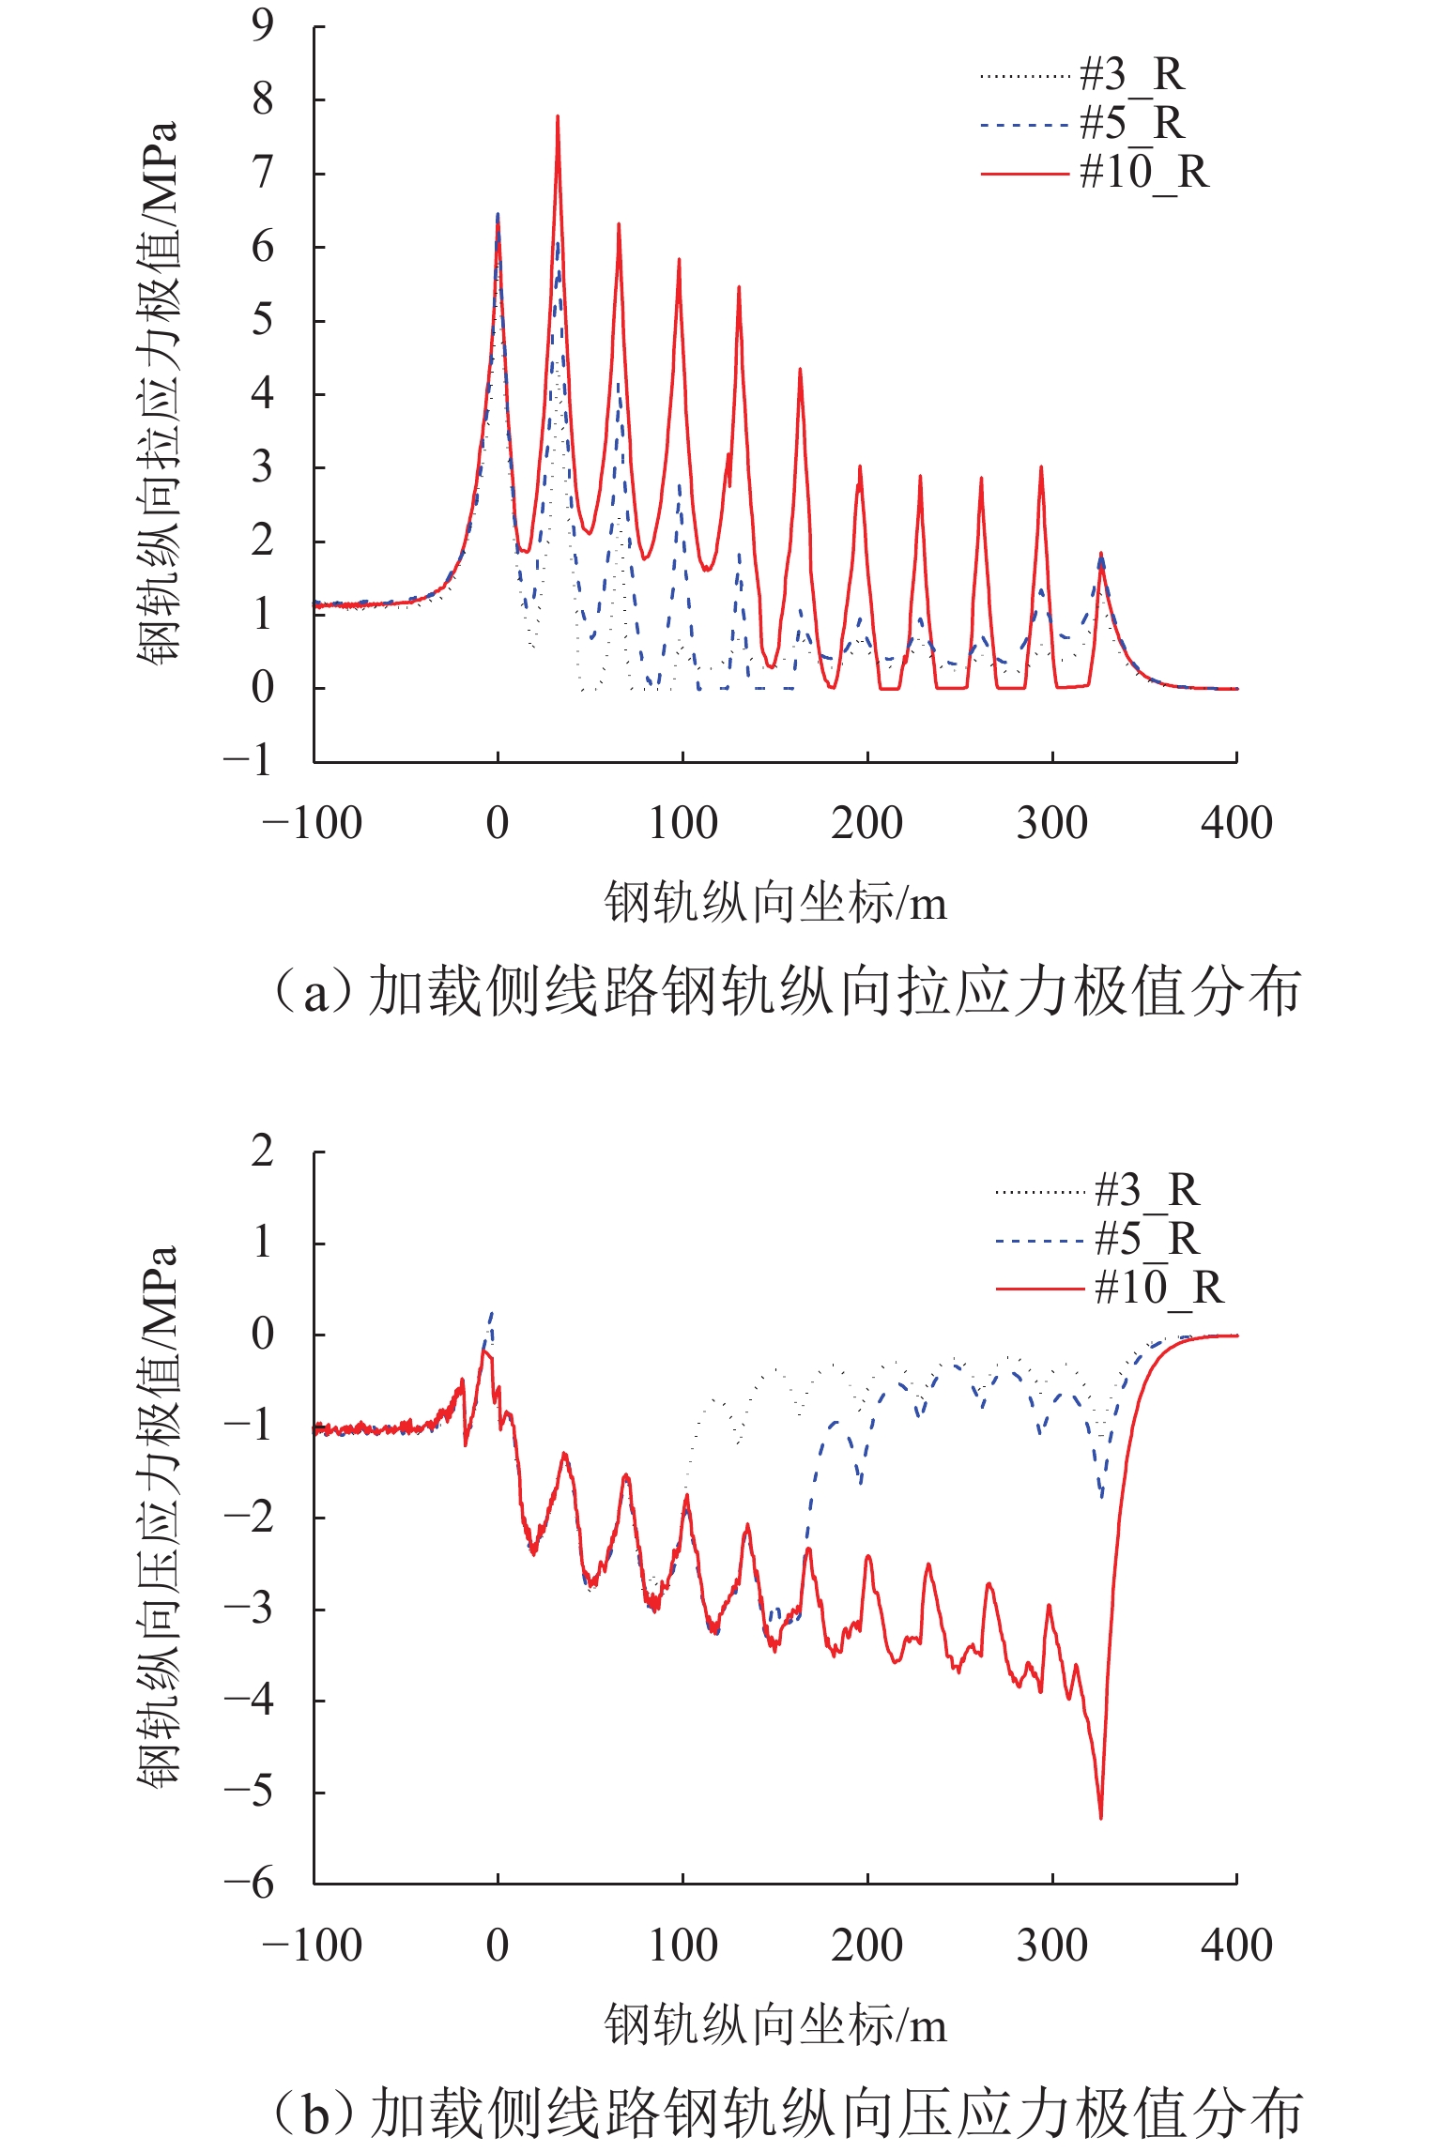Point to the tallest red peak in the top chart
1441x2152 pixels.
click(x=558, y=117)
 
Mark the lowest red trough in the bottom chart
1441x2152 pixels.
click(x=1100, y=1817)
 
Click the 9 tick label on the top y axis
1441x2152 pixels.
click(x=263, y=26)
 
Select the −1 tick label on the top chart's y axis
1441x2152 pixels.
click(x=249, y=760)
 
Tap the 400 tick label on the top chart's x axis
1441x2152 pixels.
click(x=1236, y=824)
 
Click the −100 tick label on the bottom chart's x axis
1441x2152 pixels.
click(x=313, y=1946)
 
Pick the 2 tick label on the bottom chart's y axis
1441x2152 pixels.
click(x=263, y=1151)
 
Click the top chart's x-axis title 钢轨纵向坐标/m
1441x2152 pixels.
click(x=775, y=903)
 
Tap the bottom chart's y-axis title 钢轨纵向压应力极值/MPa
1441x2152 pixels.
click(x=158, y=1516)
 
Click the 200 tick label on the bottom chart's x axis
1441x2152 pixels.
click(x=866, y=1946)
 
